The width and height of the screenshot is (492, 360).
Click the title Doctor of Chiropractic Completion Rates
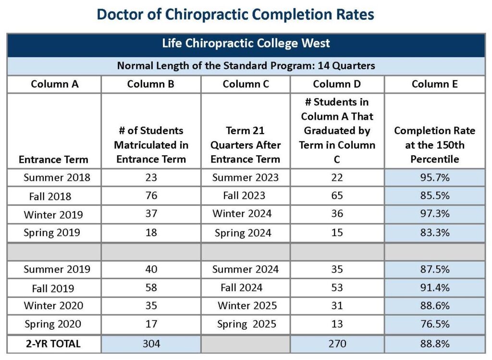[235, 15]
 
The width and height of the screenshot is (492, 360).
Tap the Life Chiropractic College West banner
[246, 43]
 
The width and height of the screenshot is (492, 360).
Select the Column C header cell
[246, 84]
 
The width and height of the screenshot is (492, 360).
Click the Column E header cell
[434, 84]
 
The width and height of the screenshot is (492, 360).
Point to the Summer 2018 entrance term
[57, 178]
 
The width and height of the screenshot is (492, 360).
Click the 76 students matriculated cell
[151, 196]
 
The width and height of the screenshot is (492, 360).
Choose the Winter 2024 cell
[242, 214]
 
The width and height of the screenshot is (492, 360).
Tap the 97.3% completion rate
[435, 214]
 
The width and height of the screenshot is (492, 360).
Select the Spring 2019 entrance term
[52, 233]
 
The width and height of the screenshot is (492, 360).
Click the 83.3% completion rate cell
[435, 233]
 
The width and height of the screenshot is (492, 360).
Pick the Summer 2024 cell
[246, 269]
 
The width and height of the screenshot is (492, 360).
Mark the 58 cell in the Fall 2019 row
[151, 288]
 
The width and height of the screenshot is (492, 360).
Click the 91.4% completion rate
[435, 288]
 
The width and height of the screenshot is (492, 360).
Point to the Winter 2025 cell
[247, 306]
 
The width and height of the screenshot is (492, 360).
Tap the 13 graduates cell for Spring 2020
[337, 324]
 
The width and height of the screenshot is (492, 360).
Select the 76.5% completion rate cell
[435, 324]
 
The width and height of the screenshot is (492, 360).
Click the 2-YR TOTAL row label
[53, 344]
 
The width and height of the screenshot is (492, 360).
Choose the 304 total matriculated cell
[151, 344]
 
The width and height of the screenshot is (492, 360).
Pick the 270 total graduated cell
[337, 344]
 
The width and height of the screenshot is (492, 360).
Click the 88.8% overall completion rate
[435, 344]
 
